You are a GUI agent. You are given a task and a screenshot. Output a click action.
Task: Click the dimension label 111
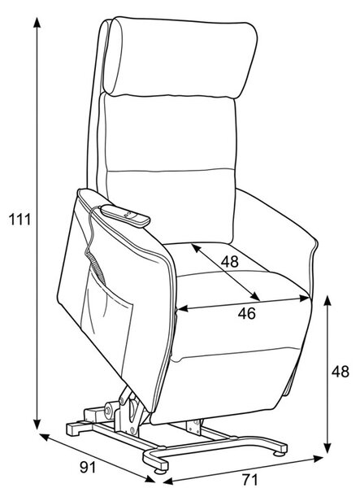click(20, 220)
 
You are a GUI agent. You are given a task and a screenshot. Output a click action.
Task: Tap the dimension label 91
click(88, 467)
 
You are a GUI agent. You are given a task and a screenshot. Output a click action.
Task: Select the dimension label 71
click(249, 479)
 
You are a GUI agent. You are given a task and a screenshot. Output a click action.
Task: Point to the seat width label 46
click(247, 313)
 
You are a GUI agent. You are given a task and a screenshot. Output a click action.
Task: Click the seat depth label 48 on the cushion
click(230, 261)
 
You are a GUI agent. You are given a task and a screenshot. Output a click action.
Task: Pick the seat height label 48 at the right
click(340, 372)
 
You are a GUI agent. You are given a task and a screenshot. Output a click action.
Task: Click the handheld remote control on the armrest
click(126, 215)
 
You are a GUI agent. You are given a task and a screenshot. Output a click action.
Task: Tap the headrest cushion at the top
click(180, 58)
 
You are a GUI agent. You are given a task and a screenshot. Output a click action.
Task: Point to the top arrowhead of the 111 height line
click(37, 23)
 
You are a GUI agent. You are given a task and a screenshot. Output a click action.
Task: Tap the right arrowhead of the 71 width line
click(319, 458)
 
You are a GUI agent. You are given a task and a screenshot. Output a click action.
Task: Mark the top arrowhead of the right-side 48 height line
click(327, 301)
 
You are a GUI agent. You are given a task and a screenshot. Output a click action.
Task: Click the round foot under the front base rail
click(160, 471)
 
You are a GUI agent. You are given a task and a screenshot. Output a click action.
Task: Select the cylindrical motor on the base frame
click(111, 408)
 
